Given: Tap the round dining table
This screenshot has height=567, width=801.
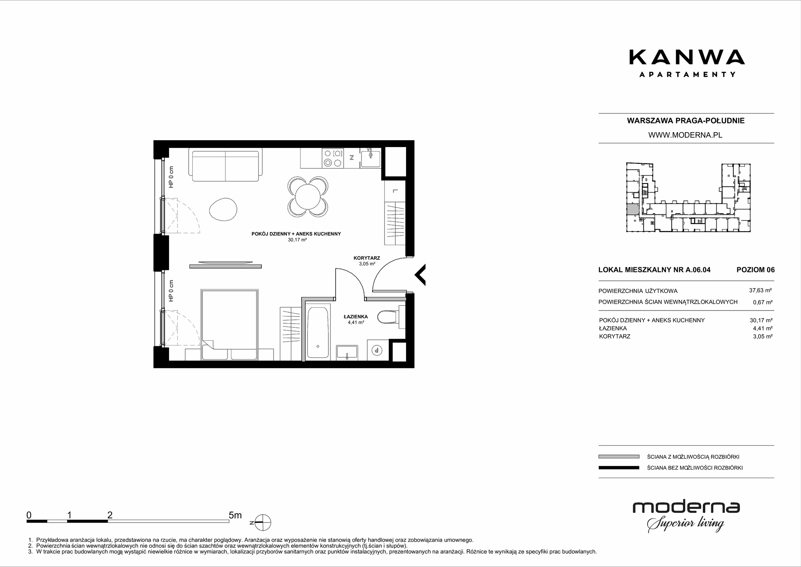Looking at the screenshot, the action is (x=308, y=197).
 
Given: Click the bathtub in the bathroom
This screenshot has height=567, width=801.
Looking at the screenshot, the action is (x=318, y=333).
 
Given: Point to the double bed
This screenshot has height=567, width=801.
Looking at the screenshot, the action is (x=229, y=325).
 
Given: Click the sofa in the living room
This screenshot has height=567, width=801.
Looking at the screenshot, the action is (x=225, y=164).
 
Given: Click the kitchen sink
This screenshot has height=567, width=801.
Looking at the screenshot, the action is (x=371, y=157).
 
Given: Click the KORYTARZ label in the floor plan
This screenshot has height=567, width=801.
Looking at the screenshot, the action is (x=366, y=258).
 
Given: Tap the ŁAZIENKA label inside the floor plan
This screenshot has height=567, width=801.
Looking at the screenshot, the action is (x=356, y=317).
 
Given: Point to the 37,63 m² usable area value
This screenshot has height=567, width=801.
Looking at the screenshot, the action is (x=761, y=291).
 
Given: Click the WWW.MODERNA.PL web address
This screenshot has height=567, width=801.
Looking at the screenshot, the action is (x=685, y=135).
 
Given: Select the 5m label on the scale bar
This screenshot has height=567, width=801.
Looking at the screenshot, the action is (x=235, y=515).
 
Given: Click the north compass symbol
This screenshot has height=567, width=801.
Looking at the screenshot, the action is (x=261, y=523).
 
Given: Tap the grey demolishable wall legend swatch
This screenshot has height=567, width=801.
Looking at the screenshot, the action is (x=619, y=456).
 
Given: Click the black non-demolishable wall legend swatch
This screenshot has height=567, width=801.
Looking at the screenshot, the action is (x=619, y=468).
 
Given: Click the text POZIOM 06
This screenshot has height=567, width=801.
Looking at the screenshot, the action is (x=756, y=270).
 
